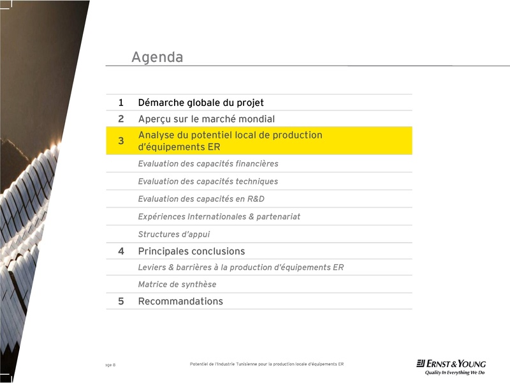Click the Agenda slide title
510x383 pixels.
pyautogui.click(x=157, y=57)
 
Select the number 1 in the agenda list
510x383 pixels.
pyautogui.click(x=121, y=103)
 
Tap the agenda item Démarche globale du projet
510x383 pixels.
pyautogui.click(x=201, y=103)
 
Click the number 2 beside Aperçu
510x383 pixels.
pyautogui.click(x=121, y=119)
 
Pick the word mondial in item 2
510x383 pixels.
pyautogui.click(x=256, y=119)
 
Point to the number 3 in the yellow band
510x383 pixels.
pyautogui.click(x=121, y=141)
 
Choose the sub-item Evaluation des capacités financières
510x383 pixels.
pyautogui.click(x=208, y=164)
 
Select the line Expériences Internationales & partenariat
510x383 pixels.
pyautogui.click(x=219, y=217)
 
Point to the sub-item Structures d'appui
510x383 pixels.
pyautogui.click(x=173, y=235)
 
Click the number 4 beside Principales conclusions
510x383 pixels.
pyautogui.click(x=121, y=252)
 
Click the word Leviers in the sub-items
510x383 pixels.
pyautogui.click(x=151, y=268)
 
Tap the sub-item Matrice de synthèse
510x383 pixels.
pyautogui.click(x=177, y=285)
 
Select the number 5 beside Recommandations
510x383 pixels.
pyautogui.click(x=121, y=301)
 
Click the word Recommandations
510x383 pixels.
pyautogui.click(x=180, y=301)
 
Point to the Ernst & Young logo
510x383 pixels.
pyautogui.click(x=451, y=367)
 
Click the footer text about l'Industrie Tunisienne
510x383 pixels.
pyautogui.click(x=266, y=364)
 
